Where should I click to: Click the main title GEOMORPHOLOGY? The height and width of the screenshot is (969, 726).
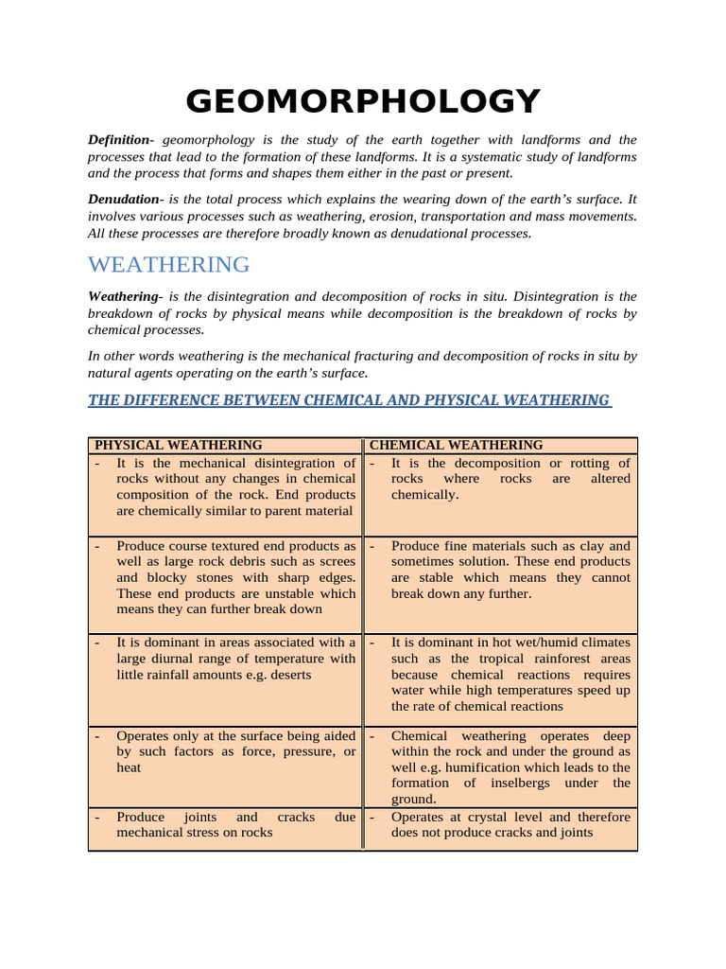point(363,100)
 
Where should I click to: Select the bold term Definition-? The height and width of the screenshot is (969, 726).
point(121,140)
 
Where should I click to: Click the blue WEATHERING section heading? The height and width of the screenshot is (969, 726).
point(169,264)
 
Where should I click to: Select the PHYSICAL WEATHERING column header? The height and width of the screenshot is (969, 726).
point(179,445)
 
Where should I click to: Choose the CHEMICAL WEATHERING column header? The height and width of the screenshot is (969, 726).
point(456,445)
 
